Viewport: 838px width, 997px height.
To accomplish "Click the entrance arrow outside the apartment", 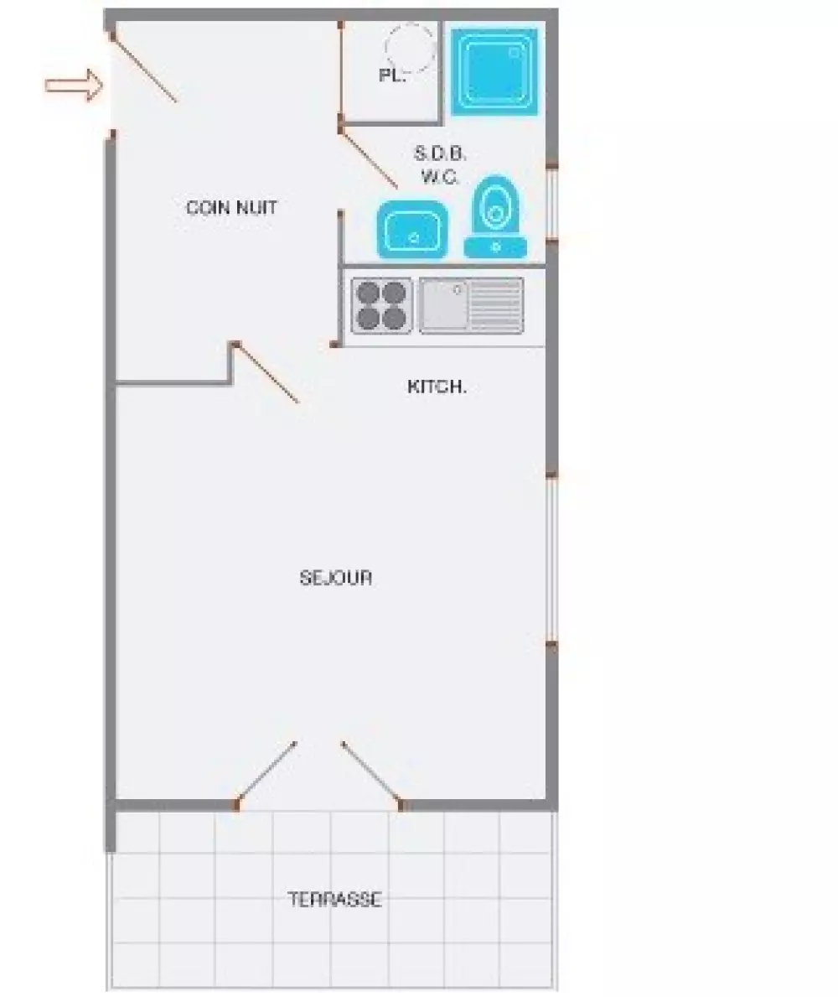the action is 74,85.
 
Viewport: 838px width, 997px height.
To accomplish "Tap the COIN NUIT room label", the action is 232,207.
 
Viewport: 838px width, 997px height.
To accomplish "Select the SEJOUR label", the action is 335,578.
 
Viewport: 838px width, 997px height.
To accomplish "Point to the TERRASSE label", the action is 335,899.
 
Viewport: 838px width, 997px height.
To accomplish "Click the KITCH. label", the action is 437,386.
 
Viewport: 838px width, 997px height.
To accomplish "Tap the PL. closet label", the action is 392,75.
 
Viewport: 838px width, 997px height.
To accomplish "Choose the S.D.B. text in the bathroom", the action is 440,153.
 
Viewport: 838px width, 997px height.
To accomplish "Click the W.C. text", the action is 440,176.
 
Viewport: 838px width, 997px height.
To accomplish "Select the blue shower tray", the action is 494,71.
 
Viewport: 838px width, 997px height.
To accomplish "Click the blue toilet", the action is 495,217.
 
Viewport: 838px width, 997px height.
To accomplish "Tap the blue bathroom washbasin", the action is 412,230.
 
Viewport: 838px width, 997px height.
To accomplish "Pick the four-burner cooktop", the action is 381,306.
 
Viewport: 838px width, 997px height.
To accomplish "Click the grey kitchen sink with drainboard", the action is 472,306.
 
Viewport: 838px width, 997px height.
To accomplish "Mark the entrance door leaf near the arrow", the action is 144,68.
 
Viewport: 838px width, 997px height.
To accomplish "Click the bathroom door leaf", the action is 369,159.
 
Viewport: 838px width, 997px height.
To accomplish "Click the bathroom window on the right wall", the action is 552,204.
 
